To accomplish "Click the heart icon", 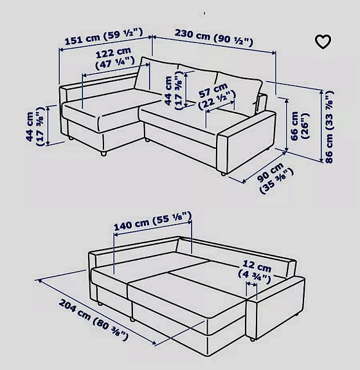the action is (x=323, y=42).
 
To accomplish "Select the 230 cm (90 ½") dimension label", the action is (x=214, y=37).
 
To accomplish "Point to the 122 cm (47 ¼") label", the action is (x=114, y=58).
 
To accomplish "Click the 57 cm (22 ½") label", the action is (x=216, y=97).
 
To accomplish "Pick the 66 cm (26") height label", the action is (x=300, y=126).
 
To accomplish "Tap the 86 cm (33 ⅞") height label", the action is (x=329, y=127).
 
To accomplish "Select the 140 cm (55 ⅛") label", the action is (x=153, y=221).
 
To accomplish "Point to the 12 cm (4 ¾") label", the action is (x=255, y=272).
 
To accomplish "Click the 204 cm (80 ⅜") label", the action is (x=94, y=320).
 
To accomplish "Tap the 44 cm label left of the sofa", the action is (x=35, y=127).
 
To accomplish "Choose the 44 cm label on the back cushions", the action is (x=174, y=90).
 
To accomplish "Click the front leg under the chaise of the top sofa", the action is (x=104, y=153).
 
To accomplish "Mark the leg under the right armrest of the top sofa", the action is (x=222, y=174).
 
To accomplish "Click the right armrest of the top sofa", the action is (x=246, y=142).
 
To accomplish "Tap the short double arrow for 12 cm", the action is (x=251, y=284).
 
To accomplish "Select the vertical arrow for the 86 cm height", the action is (x=321, y=127).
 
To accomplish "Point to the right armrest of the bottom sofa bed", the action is (x=275, y=307).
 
